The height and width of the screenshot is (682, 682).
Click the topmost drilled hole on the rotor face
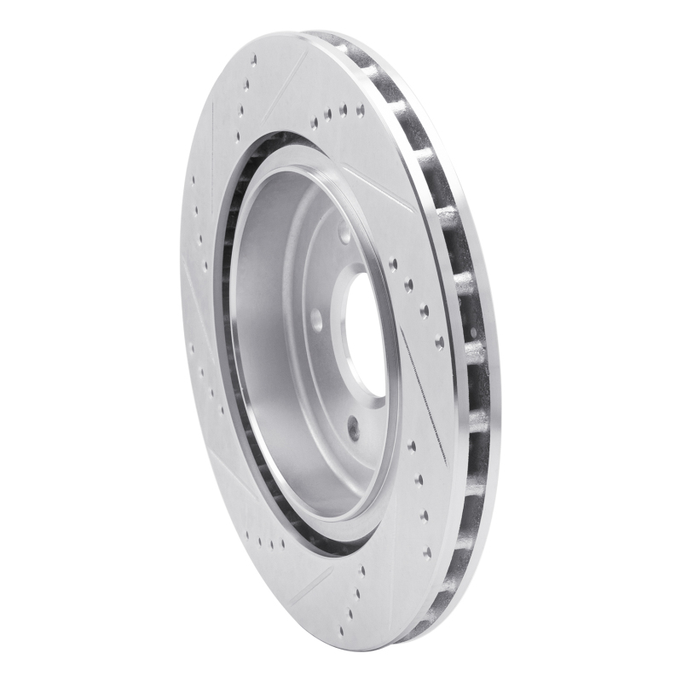pos(254,60)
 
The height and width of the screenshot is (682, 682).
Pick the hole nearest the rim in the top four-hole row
pos(361,110)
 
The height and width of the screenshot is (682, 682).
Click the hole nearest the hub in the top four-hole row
pos(314,123)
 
